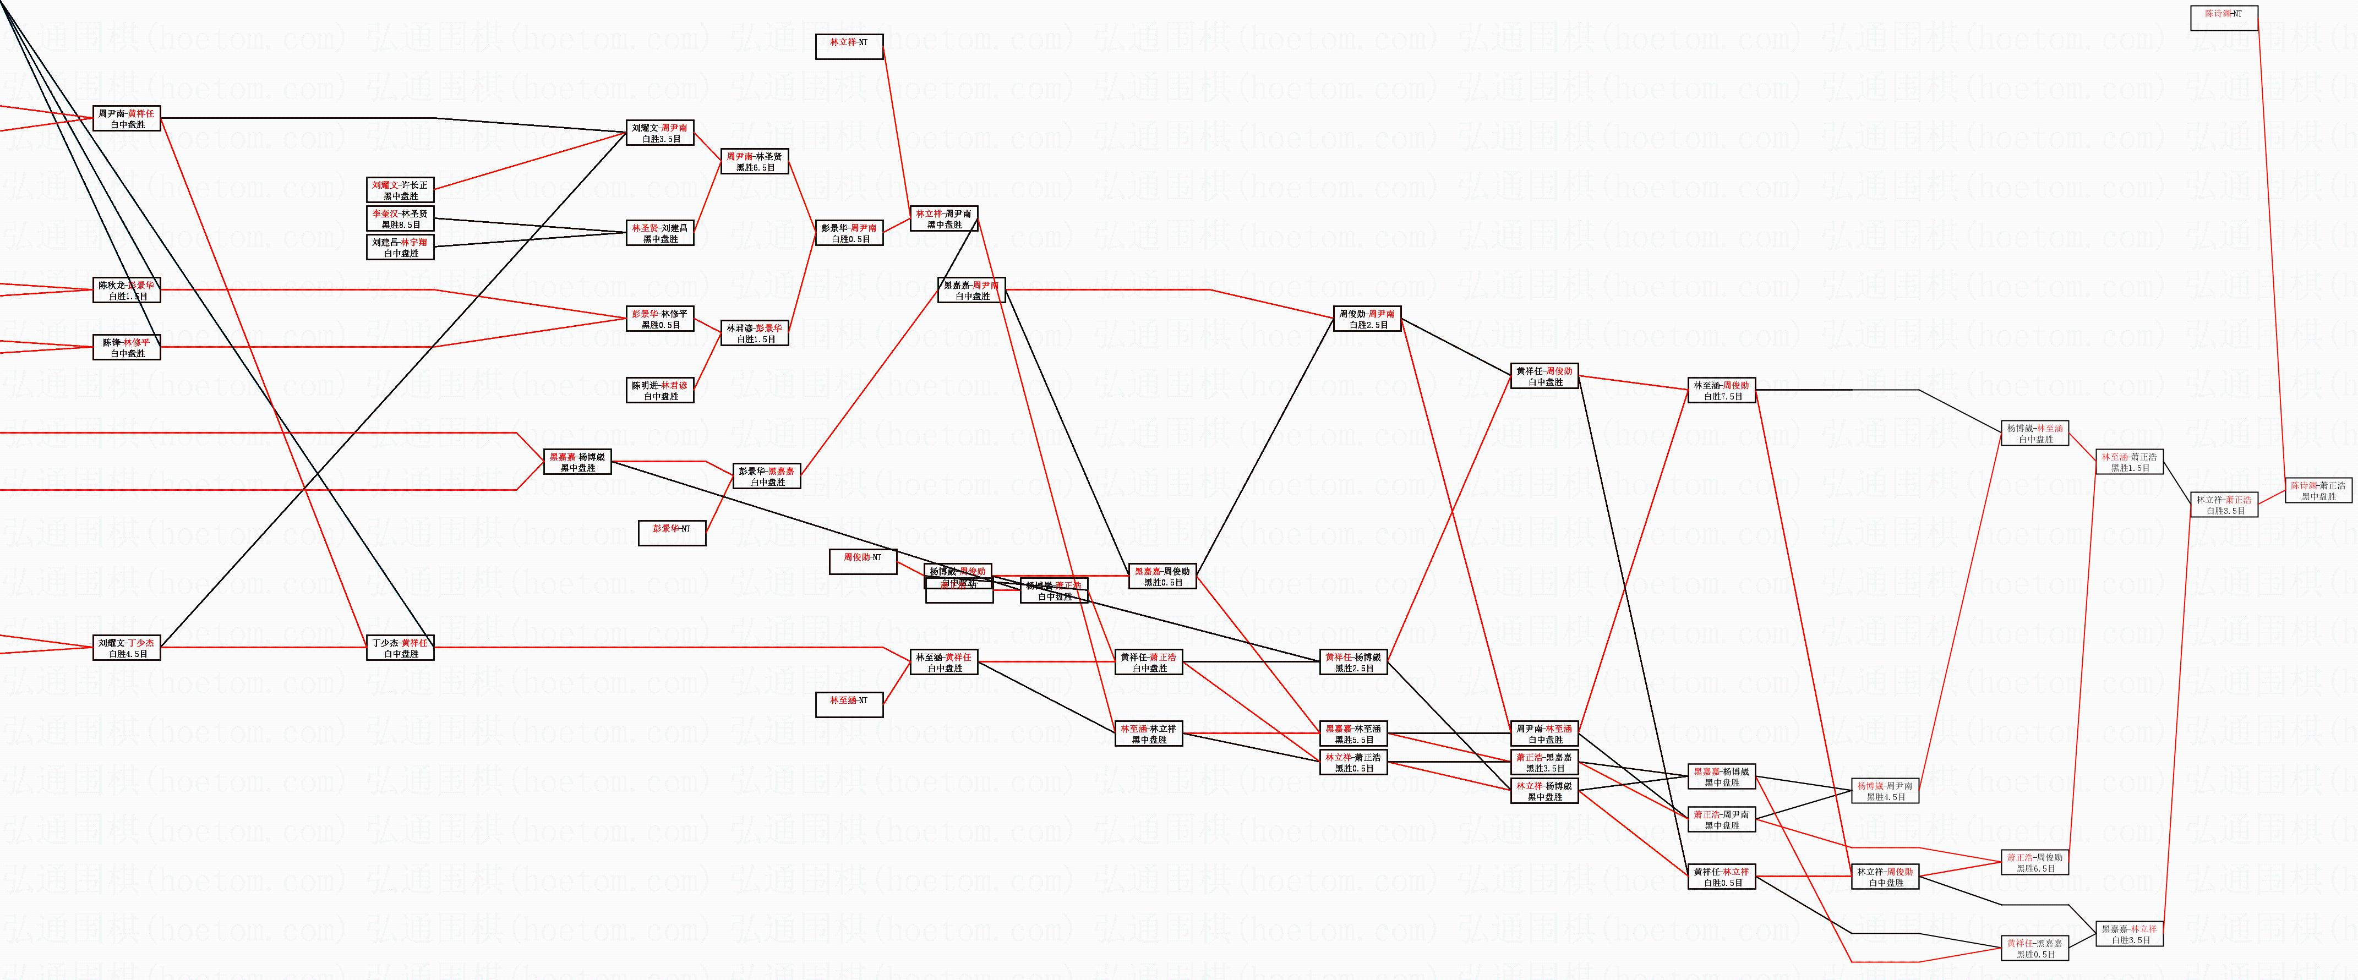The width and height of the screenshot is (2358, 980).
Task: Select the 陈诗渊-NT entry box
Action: pyautogui.click(x=2224, y=18)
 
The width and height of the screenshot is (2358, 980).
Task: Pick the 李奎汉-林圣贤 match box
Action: pyautogui.click(x=400, y=218)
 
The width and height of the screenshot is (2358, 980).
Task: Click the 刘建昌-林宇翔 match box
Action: pyautogui.click(x=400, y=247)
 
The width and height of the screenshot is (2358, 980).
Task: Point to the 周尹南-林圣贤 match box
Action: pyautogui.click(x=754, y=162)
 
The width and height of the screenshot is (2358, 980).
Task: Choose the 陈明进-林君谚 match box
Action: pyautogui.click(x=660, y=391)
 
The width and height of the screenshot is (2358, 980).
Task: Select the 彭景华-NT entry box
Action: pyautogui.click(x=672, y=533)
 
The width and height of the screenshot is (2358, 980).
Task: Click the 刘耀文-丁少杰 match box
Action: pyautogui.click(x=127, y=648)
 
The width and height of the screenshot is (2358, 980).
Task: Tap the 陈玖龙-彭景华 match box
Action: pyautogui.click(x=127, y=290)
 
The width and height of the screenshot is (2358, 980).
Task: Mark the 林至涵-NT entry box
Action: pyautogui.click(x=849, y=704)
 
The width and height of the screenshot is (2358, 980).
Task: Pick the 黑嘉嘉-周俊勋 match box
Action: pyautogui.click(x=1162, y=577)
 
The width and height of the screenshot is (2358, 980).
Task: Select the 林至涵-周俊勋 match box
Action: pyautogui.click(x=1721, y=391)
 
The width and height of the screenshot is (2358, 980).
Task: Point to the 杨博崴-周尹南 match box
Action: pyautogui.click(x=1885, y=791)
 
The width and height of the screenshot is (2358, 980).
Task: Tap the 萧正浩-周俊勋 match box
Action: pyautogui.click(x=2035, y=862)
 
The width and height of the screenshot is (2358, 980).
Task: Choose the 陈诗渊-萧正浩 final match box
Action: pyautogui.click(x=2318, y=490)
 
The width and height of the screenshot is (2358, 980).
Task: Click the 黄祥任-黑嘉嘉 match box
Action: pyautogui.click(x=2035, y=948)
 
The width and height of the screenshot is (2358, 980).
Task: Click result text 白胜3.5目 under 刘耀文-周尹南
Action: pyautogui.click(x=660, y=139)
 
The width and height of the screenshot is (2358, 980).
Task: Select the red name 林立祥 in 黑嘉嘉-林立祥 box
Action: pyautogui.click(x=2143, y=929)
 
